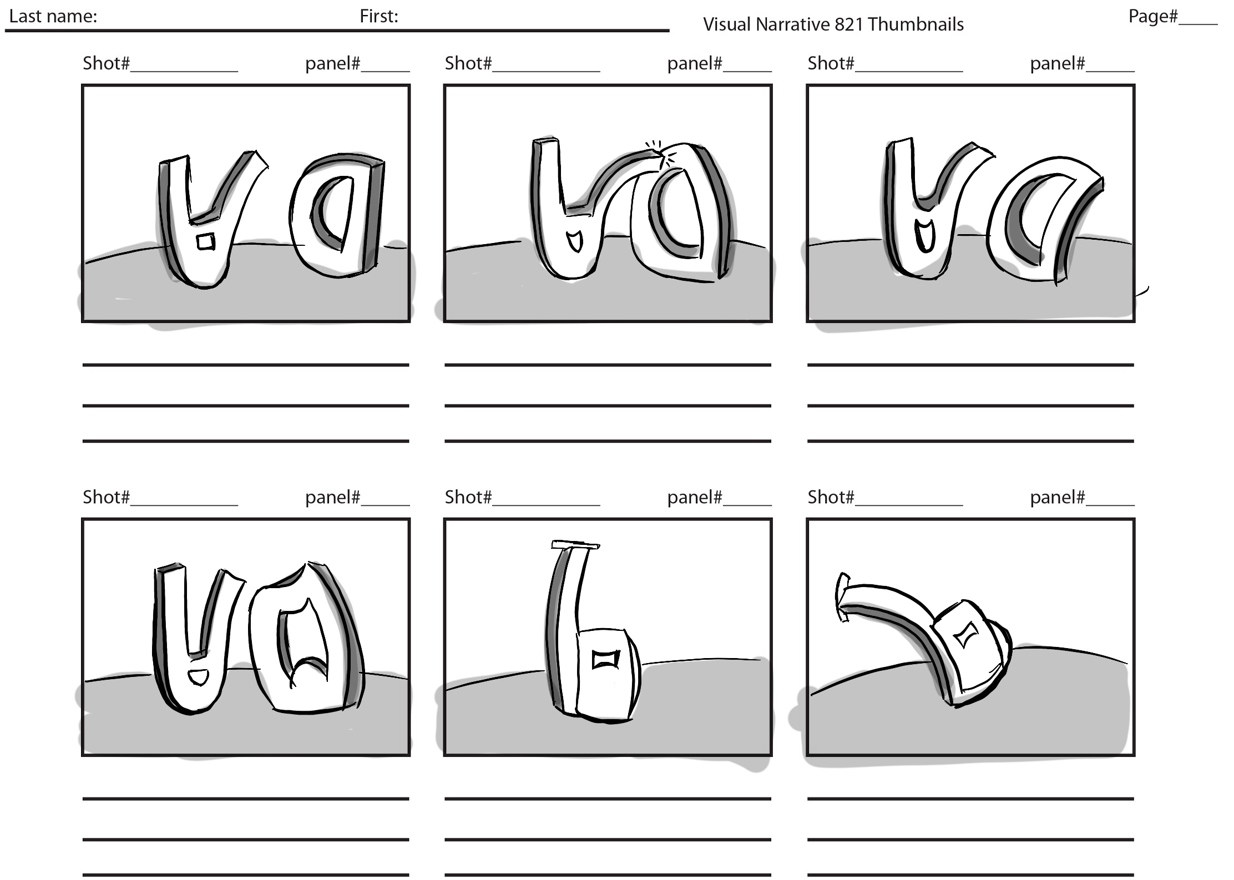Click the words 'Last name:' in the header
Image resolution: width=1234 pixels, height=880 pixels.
[53, 17]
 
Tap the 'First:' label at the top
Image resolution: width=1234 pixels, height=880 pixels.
[379, 17]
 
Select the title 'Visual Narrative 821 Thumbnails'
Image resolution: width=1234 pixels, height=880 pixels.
[833, 24]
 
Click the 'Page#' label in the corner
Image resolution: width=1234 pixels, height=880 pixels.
[1153, 17]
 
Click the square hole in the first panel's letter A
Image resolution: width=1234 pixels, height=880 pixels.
[205, 242]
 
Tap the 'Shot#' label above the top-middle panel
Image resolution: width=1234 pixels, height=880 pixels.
[468, 63]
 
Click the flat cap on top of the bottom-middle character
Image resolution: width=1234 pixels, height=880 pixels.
[575, 545]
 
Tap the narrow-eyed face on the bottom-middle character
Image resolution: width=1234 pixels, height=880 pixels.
[605, 659]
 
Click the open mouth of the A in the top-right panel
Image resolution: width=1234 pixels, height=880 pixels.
[924, 234]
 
